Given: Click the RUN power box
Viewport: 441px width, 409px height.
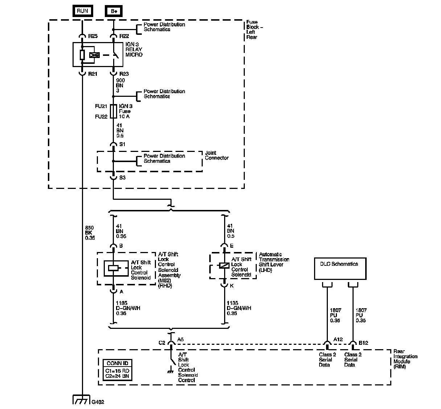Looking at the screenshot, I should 82,11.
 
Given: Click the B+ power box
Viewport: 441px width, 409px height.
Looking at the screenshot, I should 114,11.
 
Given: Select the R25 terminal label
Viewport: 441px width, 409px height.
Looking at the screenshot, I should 93,36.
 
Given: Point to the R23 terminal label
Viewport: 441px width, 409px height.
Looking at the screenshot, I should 124,74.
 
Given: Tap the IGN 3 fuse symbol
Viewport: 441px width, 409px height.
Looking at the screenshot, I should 113,111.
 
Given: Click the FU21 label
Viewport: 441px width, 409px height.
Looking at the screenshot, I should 101,106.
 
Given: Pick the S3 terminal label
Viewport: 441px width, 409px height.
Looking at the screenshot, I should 123,178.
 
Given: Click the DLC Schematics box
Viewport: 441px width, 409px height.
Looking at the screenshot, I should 340,268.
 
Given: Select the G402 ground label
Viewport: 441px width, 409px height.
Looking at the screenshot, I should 98,402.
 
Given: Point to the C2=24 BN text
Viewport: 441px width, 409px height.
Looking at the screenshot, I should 117,376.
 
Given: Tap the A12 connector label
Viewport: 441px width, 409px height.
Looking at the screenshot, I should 338,339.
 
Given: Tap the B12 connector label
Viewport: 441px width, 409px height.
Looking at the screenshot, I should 363,342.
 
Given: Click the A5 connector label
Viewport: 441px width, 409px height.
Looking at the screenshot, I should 181,340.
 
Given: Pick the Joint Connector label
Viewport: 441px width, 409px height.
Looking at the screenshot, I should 217,156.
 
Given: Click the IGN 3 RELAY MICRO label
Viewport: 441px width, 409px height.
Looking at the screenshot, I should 134,50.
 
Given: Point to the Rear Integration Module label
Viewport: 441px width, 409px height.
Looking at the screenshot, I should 405,359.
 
